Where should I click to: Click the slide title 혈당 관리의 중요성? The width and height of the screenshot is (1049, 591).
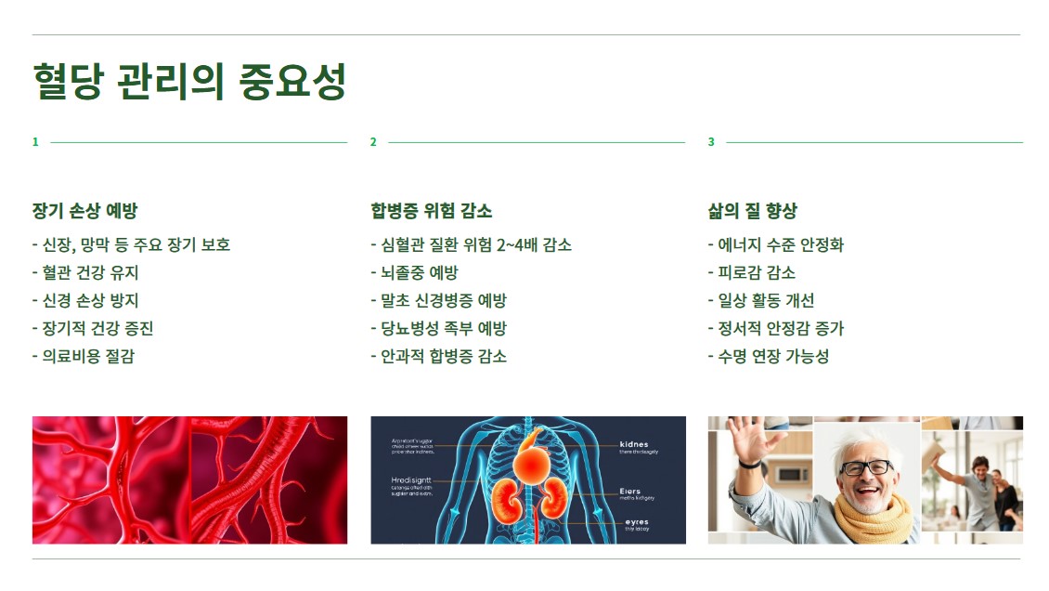click(189, 82)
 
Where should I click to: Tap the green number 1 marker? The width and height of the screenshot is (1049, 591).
click(35, 142)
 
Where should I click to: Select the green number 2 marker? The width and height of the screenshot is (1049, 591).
click(373, 142)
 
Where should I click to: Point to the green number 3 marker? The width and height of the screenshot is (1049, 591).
click(711, 142)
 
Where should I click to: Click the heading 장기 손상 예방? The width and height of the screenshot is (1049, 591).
click(85, 211)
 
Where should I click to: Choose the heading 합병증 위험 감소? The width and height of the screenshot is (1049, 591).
click(431, 211)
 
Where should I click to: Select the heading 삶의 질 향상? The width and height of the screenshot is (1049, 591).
click(753, 211)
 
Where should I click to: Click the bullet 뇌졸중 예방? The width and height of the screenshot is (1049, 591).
click(419, 273)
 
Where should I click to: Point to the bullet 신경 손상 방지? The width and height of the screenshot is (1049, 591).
click(90, 301)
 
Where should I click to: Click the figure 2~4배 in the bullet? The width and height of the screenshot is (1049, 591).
click(517, 245)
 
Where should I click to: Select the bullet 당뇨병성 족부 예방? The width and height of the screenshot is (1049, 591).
click(443, 329)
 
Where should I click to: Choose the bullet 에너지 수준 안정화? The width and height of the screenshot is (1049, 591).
click(781, 245)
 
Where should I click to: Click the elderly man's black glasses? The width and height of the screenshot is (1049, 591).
click(865, 467)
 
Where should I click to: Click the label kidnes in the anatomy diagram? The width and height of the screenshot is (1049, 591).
click(634, 444)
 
